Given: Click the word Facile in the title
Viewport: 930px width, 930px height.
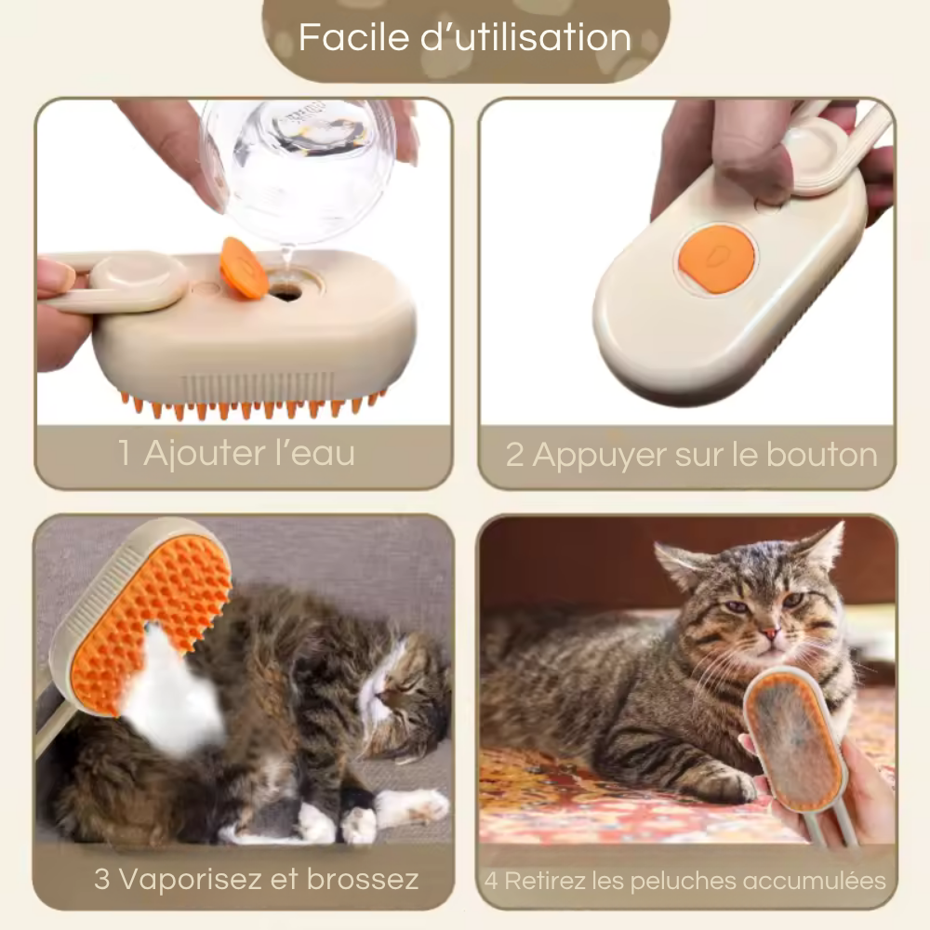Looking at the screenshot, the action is [354, 37].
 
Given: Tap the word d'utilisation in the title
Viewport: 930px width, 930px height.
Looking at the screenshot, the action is [526, 37].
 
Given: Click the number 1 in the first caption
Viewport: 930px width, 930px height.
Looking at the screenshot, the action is [124, 453].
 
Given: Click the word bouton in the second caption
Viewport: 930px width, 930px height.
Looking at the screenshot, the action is [821, 455].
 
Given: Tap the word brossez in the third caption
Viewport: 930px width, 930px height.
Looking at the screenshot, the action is [363, 879].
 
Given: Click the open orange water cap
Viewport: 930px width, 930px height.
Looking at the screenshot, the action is [243, 267].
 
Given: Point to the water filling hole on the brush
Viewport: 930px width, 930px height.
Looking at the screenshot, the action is [287, 291].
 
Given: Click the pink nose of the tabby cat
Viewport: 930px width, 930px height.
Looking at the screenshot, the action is [769, 635].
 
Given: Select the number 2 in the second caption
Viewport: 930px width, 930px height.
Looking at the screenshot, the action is [514, 455].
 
